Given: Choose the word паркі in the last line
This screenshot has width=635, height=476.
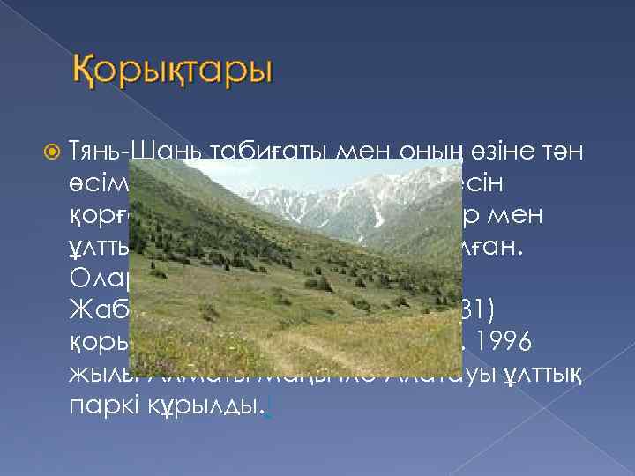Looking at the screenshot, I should [98, 410].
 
